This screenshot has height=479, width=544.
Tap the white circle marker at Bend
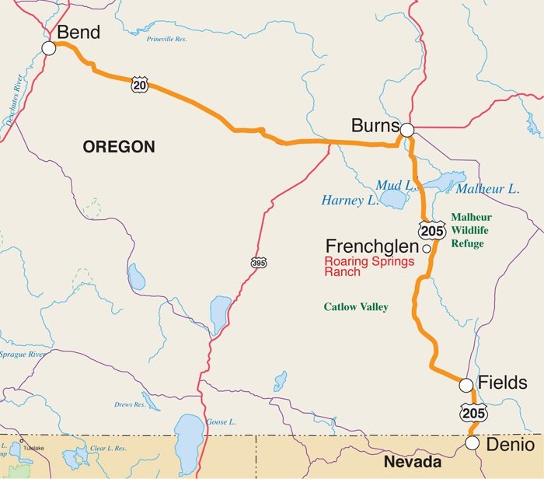pyautogui.click(x=49, y=48)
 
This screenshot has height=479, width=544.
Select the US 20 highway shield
pyautogui.click(x=139, y=86)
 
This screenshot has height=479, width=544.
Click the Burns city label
pyautogui.click(x=375, y=125)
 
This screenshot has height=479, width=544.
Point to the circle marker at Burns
pyautogui.click(x=407, y=129)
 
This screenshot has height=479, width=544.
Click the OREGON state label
pyautogui.click(x=119, y=146)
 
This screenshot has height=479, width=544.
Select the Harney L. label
pyautogui.click(x=350, y=201)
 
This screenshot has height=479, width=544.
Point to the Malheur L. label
pyautogui.click(x=487, y=189)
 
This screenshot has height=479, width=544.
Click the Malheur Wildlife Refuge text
pyautogui.click(x=472, y=230)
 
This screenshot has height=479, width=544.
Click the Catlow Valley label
pyautogui.click(x=356, y=307)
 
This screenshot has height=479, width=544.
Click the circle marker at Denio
pyautogui.click(x=472, y=443)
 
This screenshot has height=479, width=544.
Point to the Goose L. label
pyautogui.click(x=221, y=422)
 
